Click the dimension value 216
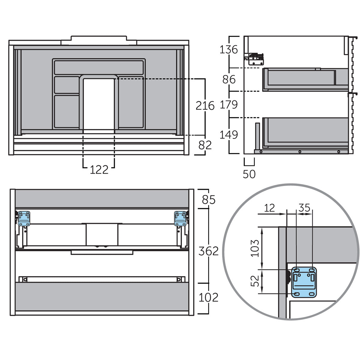205,106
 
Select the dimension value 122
99,170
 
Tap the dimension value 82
205,145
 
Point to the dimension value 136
229,49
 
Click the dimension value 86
229,79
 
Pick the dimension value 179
229,105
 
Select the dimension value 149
229,135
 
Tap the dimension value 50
249,174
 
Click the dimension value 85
208,199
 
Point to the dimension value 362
208,251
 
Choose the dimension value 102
208,298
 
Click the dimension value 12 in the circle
269,208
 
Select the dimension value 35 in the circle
304,208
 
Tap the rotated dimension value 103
255,248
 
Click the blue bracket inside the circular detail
304,282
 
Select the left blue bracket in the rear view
24,218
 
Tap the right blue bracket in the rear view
180,218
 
